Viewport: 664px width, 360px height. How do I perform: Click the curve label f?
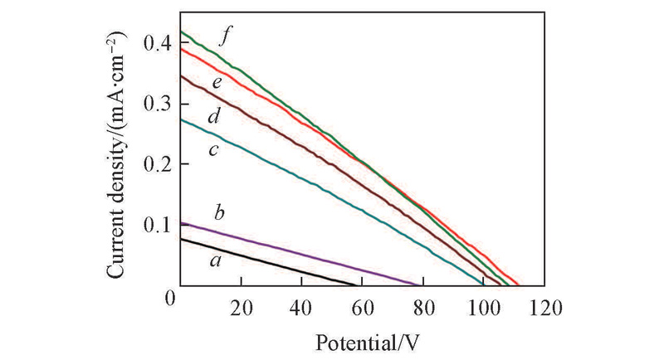224,37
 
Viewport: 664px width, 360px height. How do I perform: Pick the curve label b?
220,214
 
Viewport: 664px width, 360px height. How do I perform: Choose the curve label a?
216,261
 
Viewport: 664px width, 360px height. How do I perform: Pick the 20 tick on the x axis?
241,305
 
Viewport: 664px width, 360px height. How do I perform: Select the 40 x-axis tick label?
301,305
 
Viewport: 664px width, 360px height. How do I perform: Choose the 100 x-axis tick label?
482,305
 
